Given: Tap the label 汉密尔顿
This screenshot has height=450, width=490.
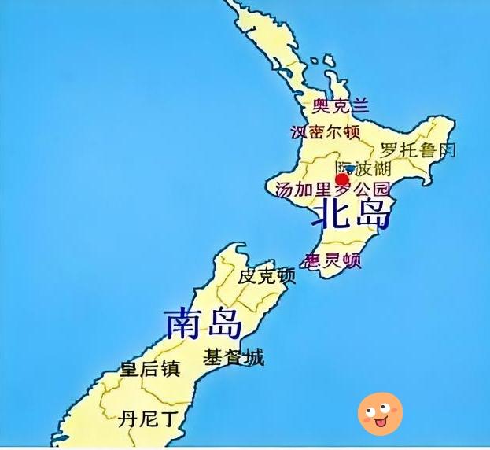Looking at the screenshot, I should (x=326, y=131).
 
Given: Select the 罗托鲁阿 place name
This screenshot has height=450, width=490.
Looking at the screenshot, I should (x=418, y=149).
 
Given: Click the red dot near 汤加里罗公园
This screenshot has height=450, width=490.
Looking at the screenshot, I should (x=342, y=179).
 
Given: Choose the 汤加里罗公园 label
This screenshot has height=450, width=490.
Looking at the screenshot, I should (x=333, y=190).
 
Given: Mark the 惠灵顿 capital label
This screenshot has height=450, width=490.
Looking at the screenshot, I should (x=333, y=260).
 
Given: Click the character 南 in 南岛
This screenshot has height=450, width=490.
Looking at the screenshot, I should (x=182, y=323).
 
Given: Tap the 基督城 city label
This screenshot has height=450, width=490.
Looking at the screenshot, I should (x=234, y=357).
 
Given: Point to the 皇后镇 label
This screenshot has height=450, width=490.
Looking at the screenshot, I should (x=150, y=368).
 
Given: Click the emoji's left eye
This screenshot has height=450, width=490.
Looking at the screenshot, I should (x=370, y=408).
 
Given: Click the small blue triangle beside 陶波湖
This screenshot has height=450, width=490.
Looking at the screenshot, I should (x=350, y=168).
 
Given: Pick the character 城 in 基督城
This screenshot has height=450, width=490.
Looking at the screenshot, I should (x=253, y=357).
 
